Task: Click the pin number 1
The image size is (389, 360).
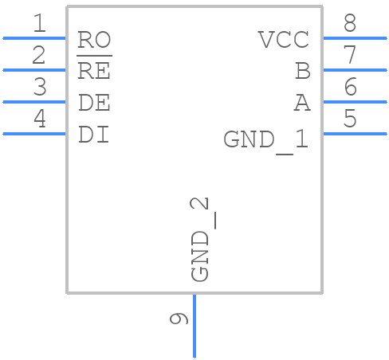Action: (39, 24)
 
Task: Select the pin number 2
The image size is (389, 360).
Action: (39, 56)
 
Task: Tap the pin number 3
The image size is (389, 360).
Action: (39, 88)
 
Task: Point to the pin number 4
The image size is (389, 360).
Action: (39, 119)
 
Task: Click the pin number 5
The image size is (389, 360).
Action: (349, 119)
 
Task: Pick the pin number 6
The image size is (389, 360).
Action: (349, 88)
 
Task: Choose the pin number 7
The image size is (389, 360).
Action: (349, 56)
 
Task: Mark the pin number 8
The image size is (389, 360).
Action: (349, 24)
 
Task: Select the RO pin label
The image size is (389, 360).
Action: (94, 40)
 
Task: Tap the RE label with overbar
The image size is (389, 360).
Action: (94, 71)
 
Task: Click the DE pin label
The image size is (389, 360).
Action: (94, 103)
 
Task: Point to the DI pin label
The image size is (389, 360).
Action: (94, 135)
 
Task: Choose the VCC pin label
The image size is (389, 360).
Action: (283, 40)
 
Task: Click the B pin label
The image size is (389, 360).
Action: (302, 71)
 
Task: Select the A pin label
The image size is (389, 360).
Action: (301, 103)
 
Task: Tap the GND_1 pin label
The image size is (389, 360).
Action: (265, 140)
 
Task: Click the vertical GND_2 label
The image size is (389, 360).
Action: (202, 240)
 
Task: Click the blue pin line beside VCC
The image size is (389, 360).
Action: (354, 37)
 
